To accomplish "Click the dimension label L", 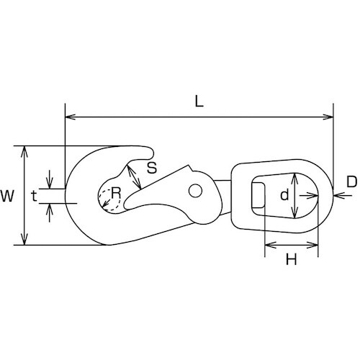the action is pos(199,102).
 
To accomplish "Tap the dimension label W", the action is pos(7,196).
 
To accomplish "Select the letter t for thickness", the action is pos(35,197).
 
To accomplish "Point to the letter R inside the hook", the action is pos(116,193).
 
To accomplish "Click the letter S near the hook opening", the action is pos(152,168).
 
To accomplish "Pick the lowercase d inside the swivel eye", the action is pos(284,194).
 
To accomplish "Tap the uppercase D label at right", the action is pos(352,181).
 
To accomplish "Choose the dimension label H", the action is pos(291,259).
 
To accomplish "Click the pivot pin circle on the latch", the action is pos(195,191).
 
